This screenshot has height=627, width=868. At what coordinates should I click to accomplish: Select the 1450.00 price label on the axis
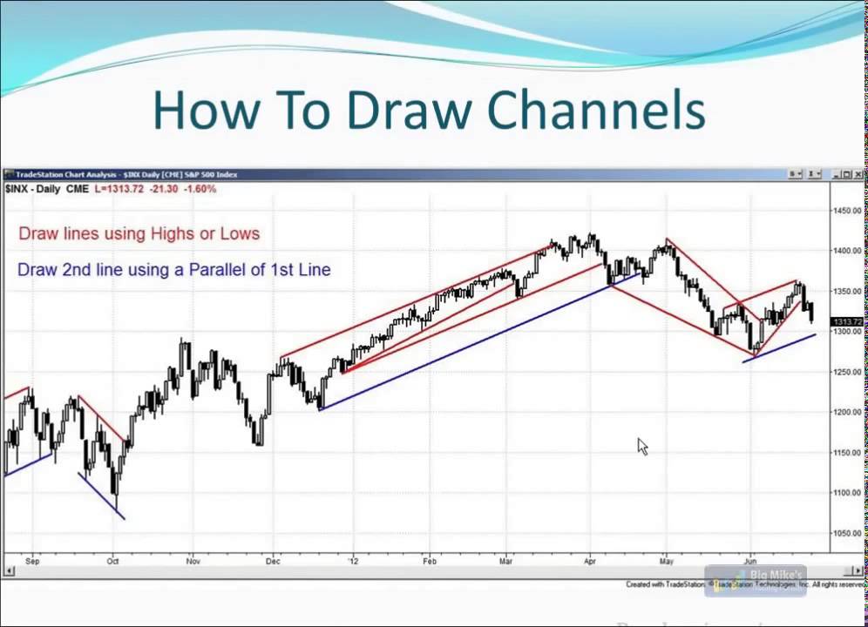tap(847, 211)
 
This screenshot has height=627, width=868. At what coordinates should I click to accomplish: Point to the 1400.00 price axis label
tap(847, 251)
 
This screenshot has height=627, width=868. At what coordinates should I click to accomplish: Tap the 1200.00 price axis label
tap(847, 412)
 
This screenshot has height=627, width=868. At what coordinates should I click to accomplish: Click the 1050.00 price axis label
tap(847, 533)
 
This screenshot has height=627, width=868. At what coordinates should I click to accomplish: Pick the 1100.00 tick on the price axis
tap(847, 493)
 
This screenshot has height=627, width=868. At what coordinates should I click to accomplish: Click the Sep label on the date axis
tap(32, 561)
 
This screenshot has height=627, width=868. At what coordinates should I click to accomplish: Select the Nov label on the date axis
tap(193, 561)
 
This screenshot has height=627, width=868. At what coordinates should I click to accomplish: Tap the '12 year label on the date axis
tap(353, 561)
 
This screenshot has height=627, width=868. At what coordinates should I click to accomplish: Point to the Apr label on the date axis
tap(590, 561)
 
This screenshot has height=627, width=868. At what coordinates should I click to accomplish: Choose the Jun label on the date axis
tap(750, 561)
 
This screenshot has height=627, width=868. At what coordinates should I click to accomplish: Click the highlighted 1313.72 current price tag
tap(847, 322)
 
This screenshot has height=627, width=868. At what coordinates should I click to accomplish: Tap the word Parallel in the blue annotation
tap(219, 270)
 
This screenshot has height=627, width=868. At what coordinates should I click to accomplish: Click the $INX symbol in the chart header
tap(16, 189)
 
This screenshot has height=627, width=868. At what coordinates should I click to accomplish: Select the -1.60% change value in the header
tap(200, 189)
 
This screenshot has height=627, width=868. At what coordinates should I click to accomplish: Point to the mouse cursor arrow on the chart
tap(641, 446)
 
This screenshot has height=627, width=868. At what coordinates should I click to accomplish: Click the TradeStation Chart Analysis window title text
tap(70, 174)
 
